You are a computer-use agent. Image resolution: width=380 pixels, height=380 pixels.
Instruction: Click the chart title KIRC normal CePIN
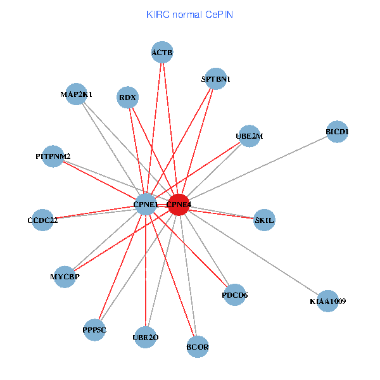pos(189,13)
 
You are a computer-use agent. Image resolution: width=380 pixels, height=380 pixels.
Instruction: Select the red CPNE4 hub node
pos(179,205)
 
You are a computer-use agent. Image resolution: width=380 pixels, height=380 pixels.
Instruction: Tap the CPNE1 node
pos(146,205)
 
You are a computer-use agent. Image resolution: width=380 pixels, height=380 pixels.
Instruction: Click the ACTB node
pos(162,52)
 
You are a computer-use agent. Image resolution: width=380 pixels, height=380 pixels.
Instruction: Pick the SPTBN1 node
pos(216,79)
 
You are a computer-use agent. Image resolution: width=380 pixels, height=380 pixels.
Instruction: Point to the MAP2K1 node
pos(76,94)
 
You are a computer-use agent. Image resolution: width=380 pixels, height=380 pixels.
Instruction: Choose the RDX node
pos(128,98)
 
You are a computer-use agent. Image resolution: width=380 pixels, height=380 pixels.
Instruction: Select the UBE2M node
pos(249,136)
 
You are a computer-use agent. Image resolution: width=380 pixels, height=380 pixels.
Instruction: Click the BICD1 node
pos(337,132)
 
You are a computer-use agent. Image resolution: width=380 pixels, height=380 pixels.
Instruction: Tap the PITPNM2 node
pos(53,156)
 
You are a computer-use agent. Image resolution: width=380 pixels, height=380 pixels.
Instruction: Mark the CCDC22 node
pos(42,220)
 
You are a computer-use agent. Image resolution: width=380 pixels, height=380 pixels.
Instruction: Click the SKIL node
pos(264,220)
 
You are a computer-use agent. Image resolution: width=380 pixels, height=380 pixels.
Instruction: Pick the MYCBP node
pos(65,277)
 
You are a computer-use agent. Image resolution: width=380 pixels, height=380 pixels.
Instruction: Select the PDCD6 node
pos(234,294)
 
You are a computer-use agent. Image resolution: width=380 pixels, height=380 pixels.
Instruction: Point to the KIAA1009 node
pos(327,301)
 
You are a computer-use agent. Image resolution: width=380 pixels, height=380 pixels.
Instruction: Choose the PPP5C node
pos(94,330)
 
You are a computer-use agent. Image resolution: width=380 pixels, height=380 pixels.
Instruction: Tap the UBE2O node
pos(146,338)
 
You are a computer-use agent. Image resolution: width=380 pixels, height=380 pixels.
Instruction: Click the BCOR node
pos(198,346)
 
